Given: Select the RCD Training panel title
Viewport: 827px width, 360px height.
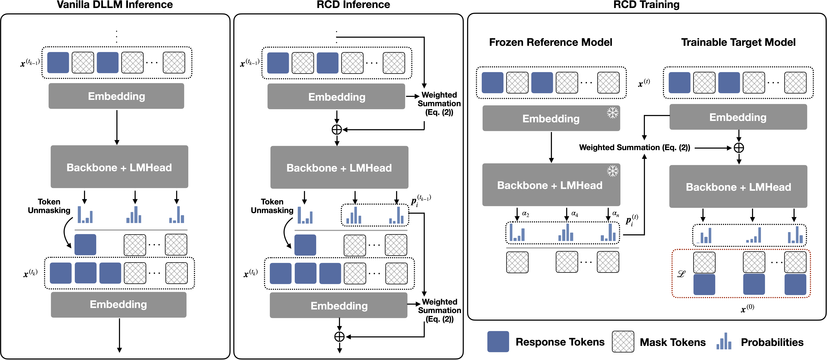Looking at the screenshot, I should pyautogui.click(x=646, y=5).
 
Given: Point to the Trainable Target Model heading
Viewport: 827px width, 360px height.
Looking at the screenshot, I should pyautogui.click(x=738, y=42).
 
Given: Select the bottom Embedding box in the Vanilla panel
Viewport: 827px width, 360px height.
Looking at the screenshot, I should pyautogui.click(x=118, y=304).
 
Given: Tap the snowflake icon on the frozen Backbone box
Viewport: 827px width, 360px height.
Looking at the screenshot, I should pyautogui.click(x=612, y=171).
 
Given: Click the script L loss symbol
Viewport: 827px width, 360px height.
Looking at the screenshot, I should pyautogui.click(x=681, y=274).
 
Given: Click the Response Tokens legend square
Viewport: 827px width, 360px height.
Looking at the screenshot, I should pyautogui.click(x=498, y=342).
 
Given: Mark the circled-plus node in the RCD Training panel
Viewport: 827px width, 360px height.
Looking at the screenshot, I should pyautogui.click(x=739, y=148).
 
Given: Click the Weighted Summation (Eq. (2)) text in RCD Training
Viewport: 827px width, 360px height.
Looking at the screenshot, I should pyautogui.click(x=634, y=148).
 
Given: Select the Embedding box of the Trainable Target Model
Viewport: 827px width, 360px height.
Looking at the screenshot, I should pyautogui.click(x=738, y=117).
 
